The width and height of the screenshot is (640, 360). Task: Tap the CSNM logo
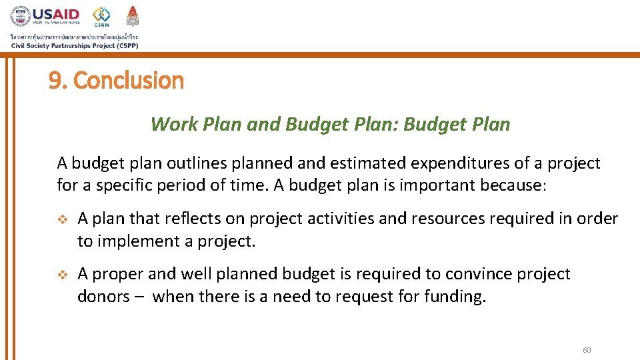pyautogui.click(x=101, y=16)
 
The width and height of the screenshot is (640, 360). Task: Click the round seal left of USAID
pyautogui.click(x=20, y=16)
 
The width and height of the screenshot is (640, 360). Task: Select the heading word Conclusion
pyautogui.click(x=128, y=81)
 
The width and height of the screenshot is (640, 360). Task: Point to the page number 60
pyautogui.click(x=587, y=351)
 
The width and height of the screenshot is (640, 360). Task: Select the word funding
pyautogui.click(x=455, y=296)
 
